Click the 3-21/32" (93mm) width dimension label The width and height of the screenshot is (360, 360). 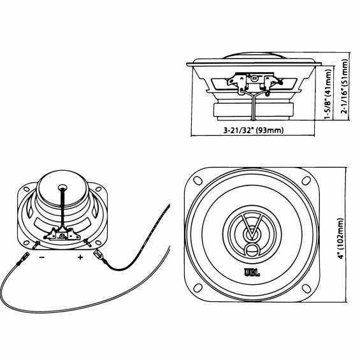tap(254, 131)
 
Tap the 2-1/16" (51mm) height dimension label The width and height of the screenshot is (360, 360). tap(344, 86)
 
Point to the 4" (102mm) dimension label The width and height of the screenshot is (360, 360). tap(341, 238)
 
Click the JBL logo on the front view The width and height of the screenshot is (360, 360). tap(252, 273)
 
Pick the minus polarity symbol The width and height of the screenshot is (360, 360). tap(42, 257)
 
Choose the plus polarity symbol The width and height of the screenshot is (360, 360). tap(80, 257)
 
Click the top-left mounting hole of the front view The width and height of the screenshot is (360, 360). tap(198, 180)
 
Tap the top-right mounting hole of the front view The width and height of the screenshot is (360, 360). tap(306, 180)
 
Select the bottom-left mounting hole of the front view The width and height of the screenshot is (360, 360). tap(198, 288)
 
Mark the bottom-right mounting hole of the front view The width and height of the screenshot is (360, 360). tap(306, 289)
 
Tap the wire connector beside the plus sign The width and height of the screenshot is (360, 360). tap(98, 256)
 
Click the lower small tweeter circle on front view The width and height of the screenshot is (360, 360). tap(252, 250)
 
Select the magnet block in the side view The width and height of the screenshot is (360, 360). tap(253, 110)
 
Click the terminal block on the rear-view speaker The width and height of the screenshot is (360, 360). tap(62, 234)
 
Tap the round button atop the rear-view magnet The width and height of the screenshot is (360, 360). tap(62, 187)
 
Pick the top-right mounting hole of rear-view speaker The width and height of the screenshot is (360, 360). tap(99, 189)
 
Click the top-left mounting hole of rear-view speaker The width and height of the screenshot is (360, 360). tap(26, 189)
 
